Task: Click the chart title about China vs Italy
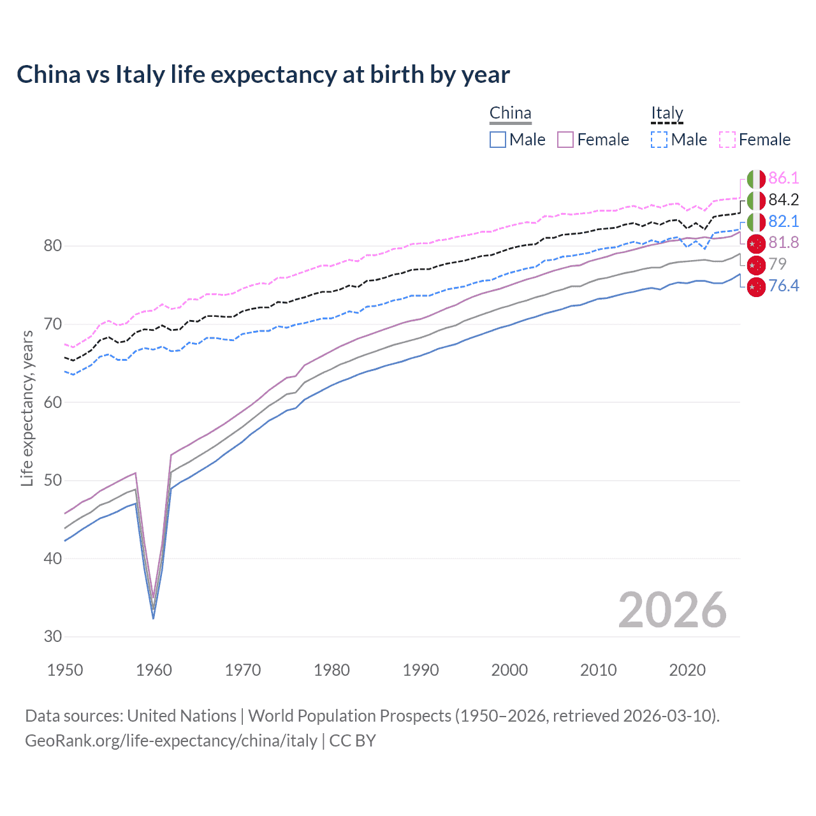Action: (263, 75)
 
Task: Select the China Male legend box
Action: (498, 140)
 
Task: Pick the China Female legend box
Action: (565, 140)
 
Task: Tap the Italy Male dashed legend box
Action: (659, 140)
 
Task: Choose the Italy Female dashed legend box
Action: (727, 140)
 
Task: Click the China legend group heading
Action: (510, 113)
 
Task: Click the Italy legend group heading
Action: (667, 113)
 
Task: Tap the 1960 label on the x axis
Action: (154, 670)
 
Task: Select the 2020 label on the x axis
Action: (687, 670)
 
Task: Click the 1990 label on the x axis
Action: (421, 670)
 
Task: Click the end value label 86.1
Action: (783, 178)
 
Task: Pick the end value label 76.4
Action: (783, 286)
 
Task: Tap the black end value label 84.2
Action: (783, 200)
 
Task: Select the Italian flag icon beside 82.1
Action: (756, 222)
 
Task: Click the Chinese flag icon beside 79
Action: (756, 265)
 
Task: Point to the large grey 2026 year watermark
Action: (672, 610)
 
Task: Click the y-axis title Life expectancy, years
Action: (27, 408)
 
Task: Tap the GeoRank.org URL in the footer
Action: (171, 741)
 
